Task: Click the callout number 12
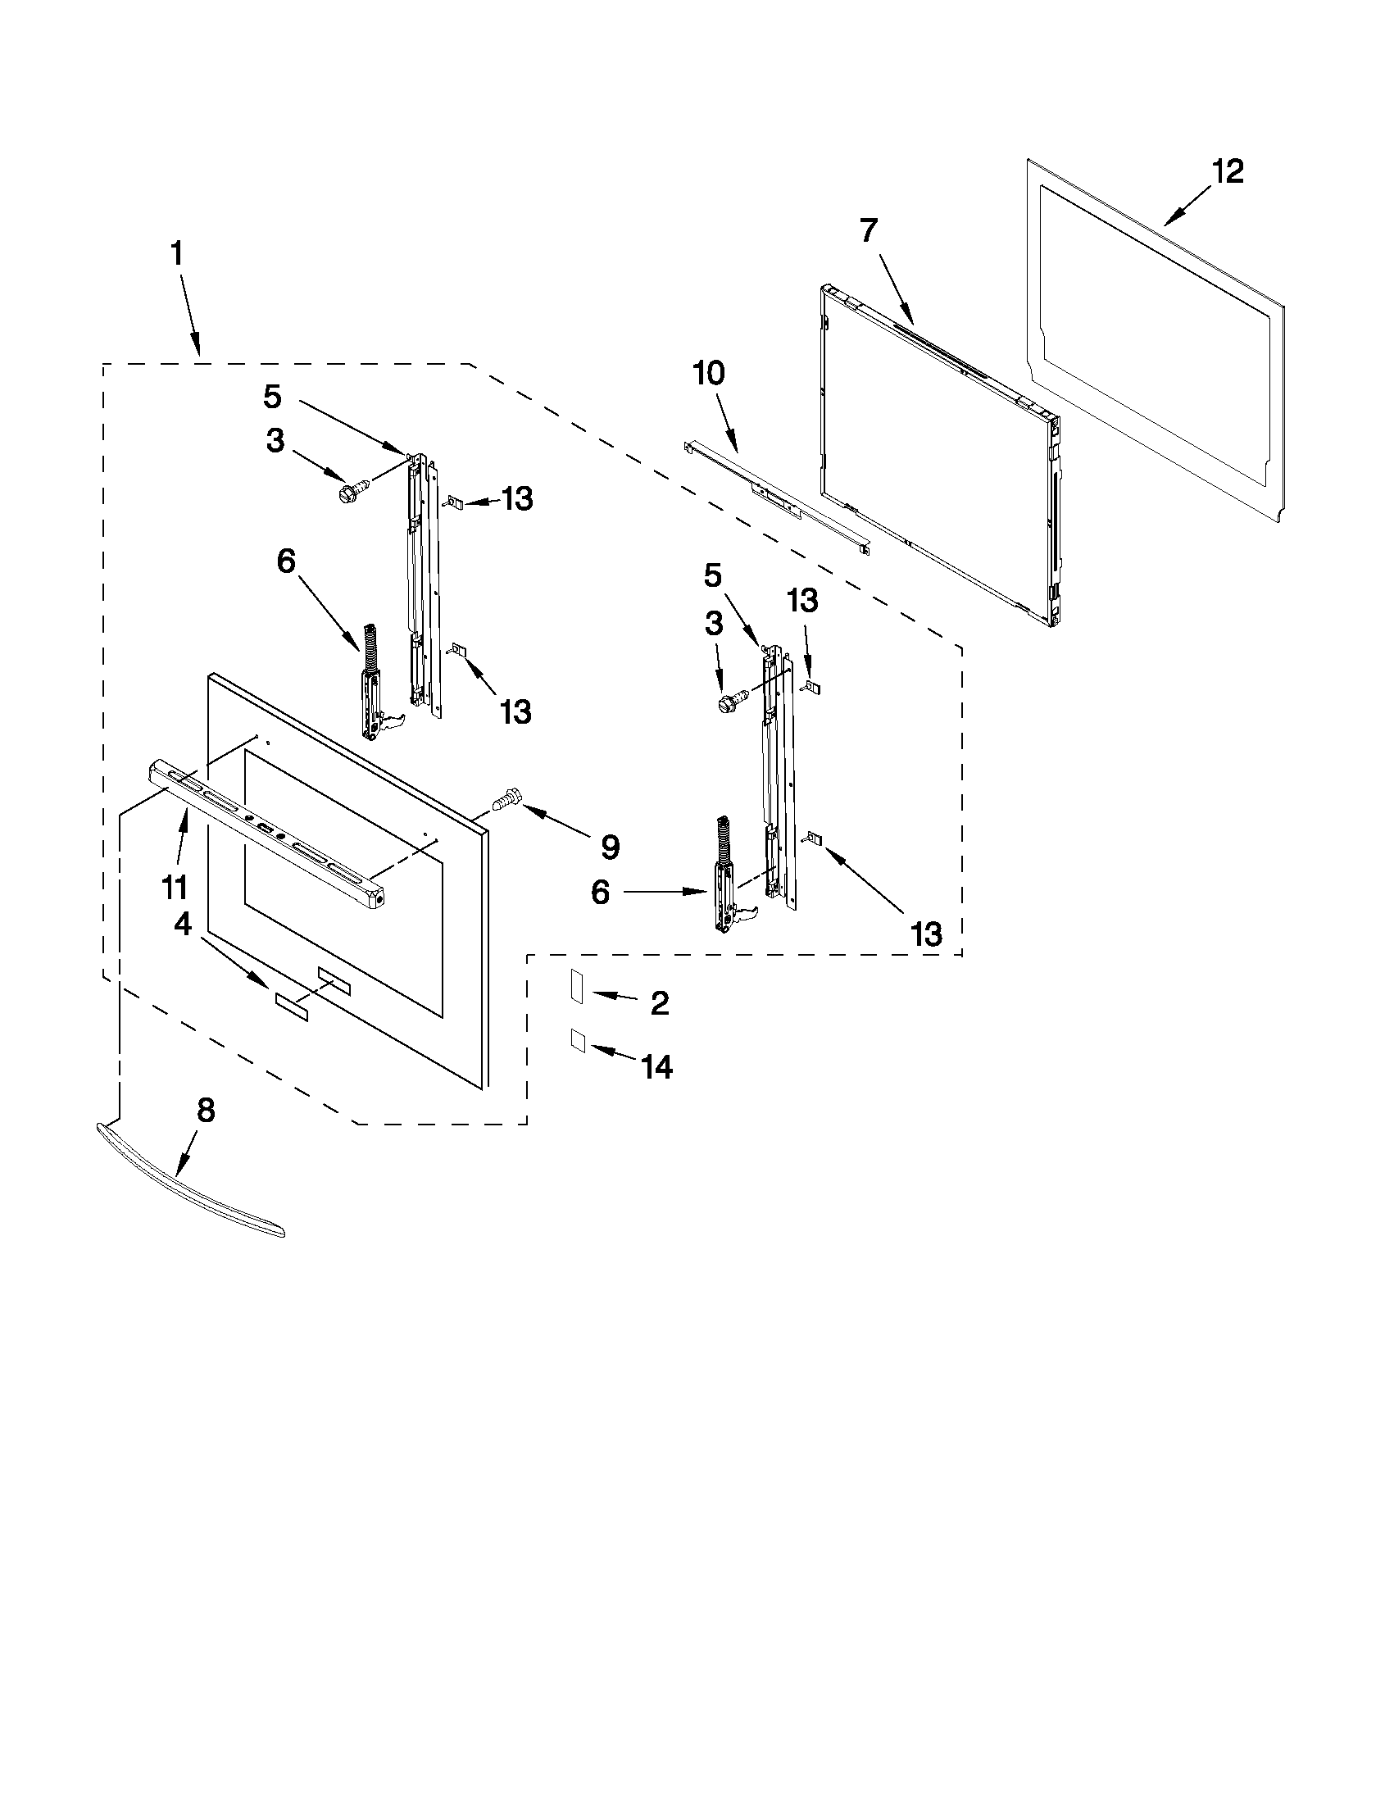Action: coord(1228,172)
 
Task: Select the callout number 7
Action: coord(869,230)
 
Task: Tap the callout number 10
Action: coord(709,374)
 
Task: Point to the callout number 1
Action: coord(177,253)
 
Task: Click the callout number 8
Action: coord(206,1111)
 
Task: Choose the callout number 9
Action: coord(610,846)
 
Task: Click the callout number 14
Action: coord(657,1067)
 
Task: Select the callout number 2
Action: coord(659,1003)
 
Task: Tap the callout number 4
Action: coord(183,925)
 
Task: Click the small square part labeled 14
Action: coord(577,1041)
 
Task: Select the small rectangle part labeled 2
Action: coord(576,986)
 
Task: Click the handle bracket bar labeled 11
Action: coord(264,834)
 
